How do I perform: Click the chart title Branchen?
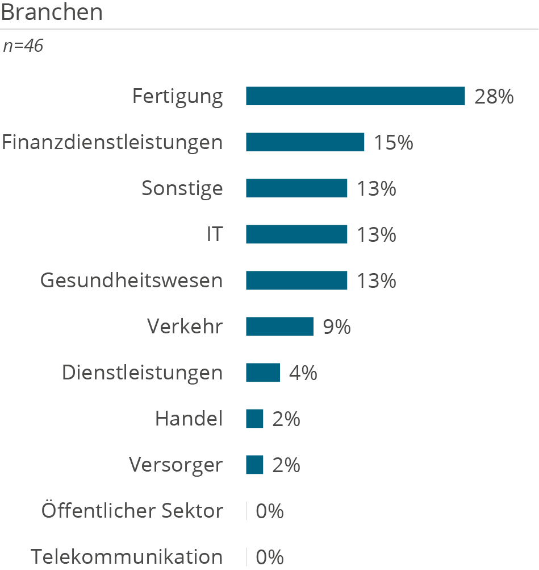52,12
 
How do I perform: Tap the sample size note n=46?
23,46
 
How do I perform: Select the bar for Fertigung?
355,96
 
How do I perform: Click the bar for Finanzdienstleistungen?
305,142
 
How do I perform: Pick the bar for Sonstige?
296,188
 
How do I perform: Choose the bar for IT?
296,234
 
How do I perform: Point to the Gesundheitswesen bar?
296,280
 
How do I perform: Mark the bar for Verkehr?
279,327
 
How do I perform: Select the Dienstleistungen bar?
263,373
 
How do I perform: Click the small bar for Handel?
255,419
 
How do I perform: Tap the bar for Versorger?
255,465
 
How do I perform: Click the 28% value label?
494,97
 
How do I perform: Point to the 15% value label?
393,143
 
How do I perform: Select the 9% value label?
337,327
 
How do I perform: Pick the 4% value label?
303,373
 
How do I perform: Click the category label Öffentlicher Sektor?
132,511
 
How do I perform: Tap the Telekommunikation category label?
127,557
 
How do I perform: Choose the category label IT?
215,234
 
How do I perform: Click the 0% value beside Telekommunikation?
270,557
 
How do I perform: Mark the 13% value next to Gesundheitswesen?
377,281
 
